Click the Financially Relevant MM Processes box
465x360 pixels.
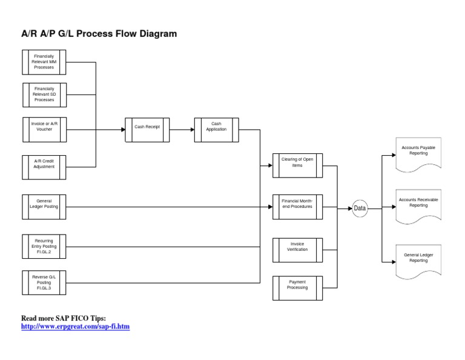(44, 62)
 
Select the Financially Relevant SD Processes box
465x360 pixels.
(44, 95)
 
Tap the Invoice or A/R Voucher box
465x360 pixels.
(44, 129)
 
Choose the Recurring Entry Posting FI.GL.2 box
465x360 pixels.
(44, 247)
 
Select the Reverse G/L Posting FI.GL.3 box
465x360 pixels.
(44, 282)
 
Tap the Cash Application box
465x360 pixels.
(216, 129)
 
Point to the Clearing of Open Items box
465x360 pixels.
(297, 165)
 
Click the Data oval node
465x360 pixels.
(360, 208)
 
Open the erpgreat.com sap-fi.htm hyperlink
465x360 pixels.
(76, 327)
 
